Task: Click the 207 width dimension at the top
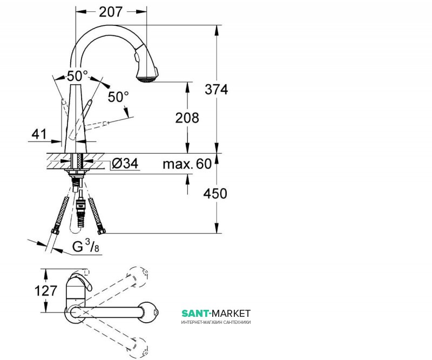tap(111, 12)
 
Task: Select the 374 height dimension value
tap(217, 90)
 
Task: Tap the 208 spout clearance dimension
tap(187, 118)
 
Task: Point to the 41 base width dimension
tap(39, 134)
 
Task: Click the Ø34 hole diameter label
tap(125, 164)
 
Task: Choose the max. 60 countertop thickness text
tap(187, 164)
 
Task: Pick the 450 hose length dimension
tap(215, 194)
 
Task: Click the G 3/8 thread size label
tap(86, 246)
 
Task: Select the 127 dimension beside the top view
tap(46, 290)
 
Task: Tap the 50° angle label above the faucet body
tap(77, 76)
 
